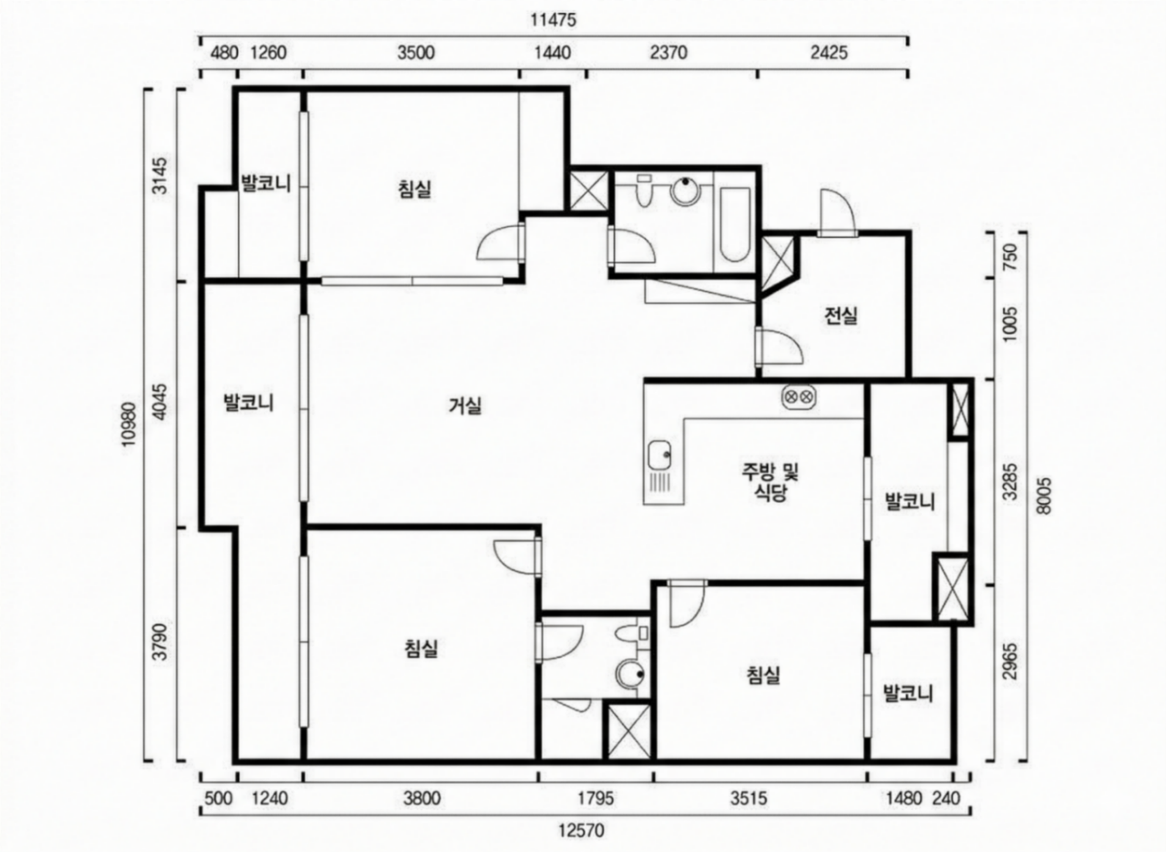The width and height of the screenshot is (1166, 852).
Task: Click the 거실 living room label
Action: [x=465, y=406]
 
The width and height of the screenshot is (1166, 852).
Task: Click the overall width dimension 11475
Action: [x=553, y=20]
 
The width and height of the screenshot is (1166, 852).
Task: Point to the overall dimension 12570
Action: [x=581, y=831]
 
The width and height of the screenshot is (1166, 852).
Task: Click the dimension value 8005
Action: [x=1043, y=496]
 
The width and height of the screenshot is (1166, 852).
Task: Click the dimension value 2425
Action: [x=829, y=53]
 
